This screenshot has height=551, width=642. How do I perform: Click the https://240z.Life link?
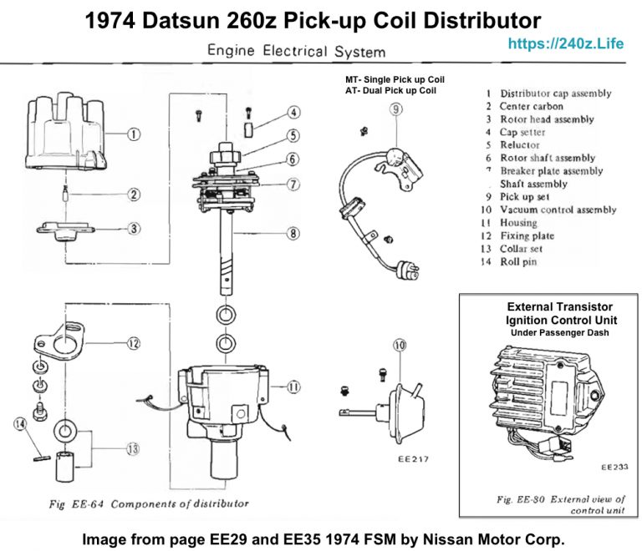pos(566,43)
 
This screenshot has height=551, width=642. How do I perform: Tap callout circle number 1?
pos(135,133)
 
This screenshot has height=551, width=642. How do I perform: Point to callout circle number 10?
pos(399,345)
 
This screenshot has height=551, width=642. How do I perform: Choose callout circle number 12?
pos(134,342)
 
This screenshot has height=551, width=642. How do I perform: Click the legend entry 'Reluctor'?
pos(519,144)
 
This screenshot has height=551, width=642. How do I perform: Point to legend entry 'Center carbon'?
pos(531,106)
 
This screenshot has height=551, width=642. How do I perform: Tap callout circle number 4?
pos(293,113)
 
